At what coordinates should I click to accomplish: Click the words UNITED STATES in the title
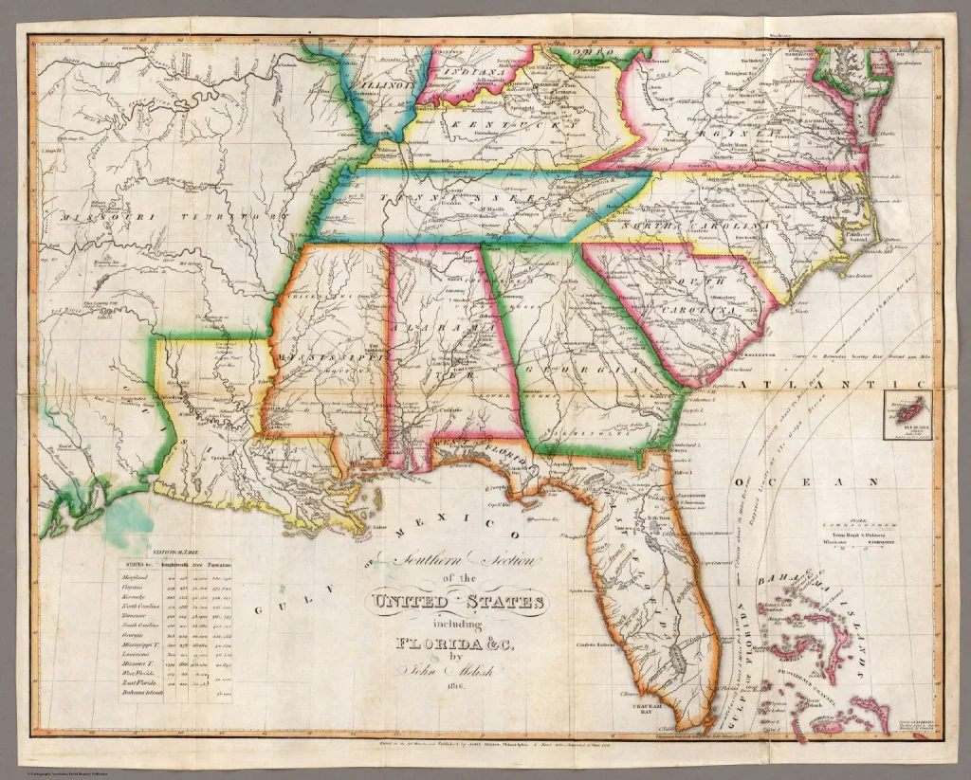(x=458, y=602)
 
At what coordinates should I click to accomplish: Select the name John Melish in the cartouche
(x=458, y=671)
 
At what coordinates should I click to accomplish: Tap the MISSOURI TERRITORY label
(x=172, y=217)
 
